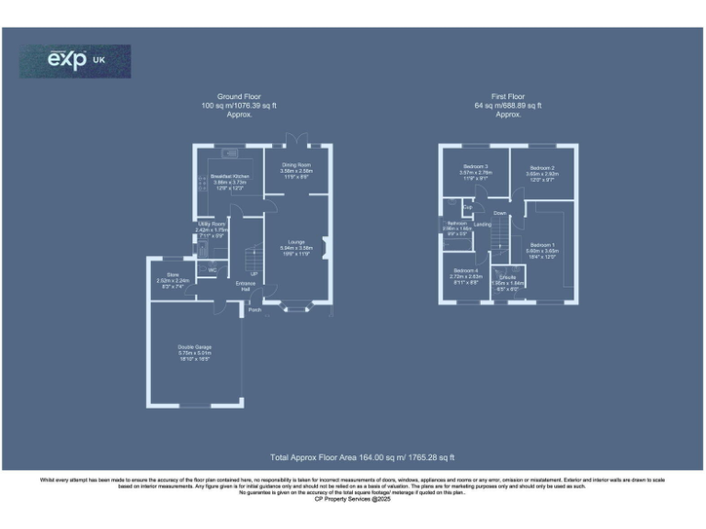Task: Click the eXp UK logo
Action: click(75, 61)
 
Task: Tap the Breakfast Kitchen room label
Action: click(230, 175)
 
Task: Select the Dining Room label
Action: click(296, 164)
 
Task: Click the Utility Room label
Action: click(211, 223)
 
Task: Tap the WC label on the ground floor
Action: click(211, 270)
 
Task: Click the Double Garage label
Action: click(195, 347)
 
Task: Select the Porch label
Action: click(254, 310)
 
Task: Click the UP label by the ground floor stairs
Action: click(255, 273)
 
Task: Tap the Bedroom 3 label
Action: click(474, 166)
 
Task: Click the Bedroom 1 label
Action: click(542, 244)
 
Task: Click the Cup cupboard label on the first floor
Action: click(468, 207)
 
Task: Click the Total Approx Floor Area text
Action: click(362, 456)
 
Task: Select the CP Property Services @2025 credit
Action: click(352, 499)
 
